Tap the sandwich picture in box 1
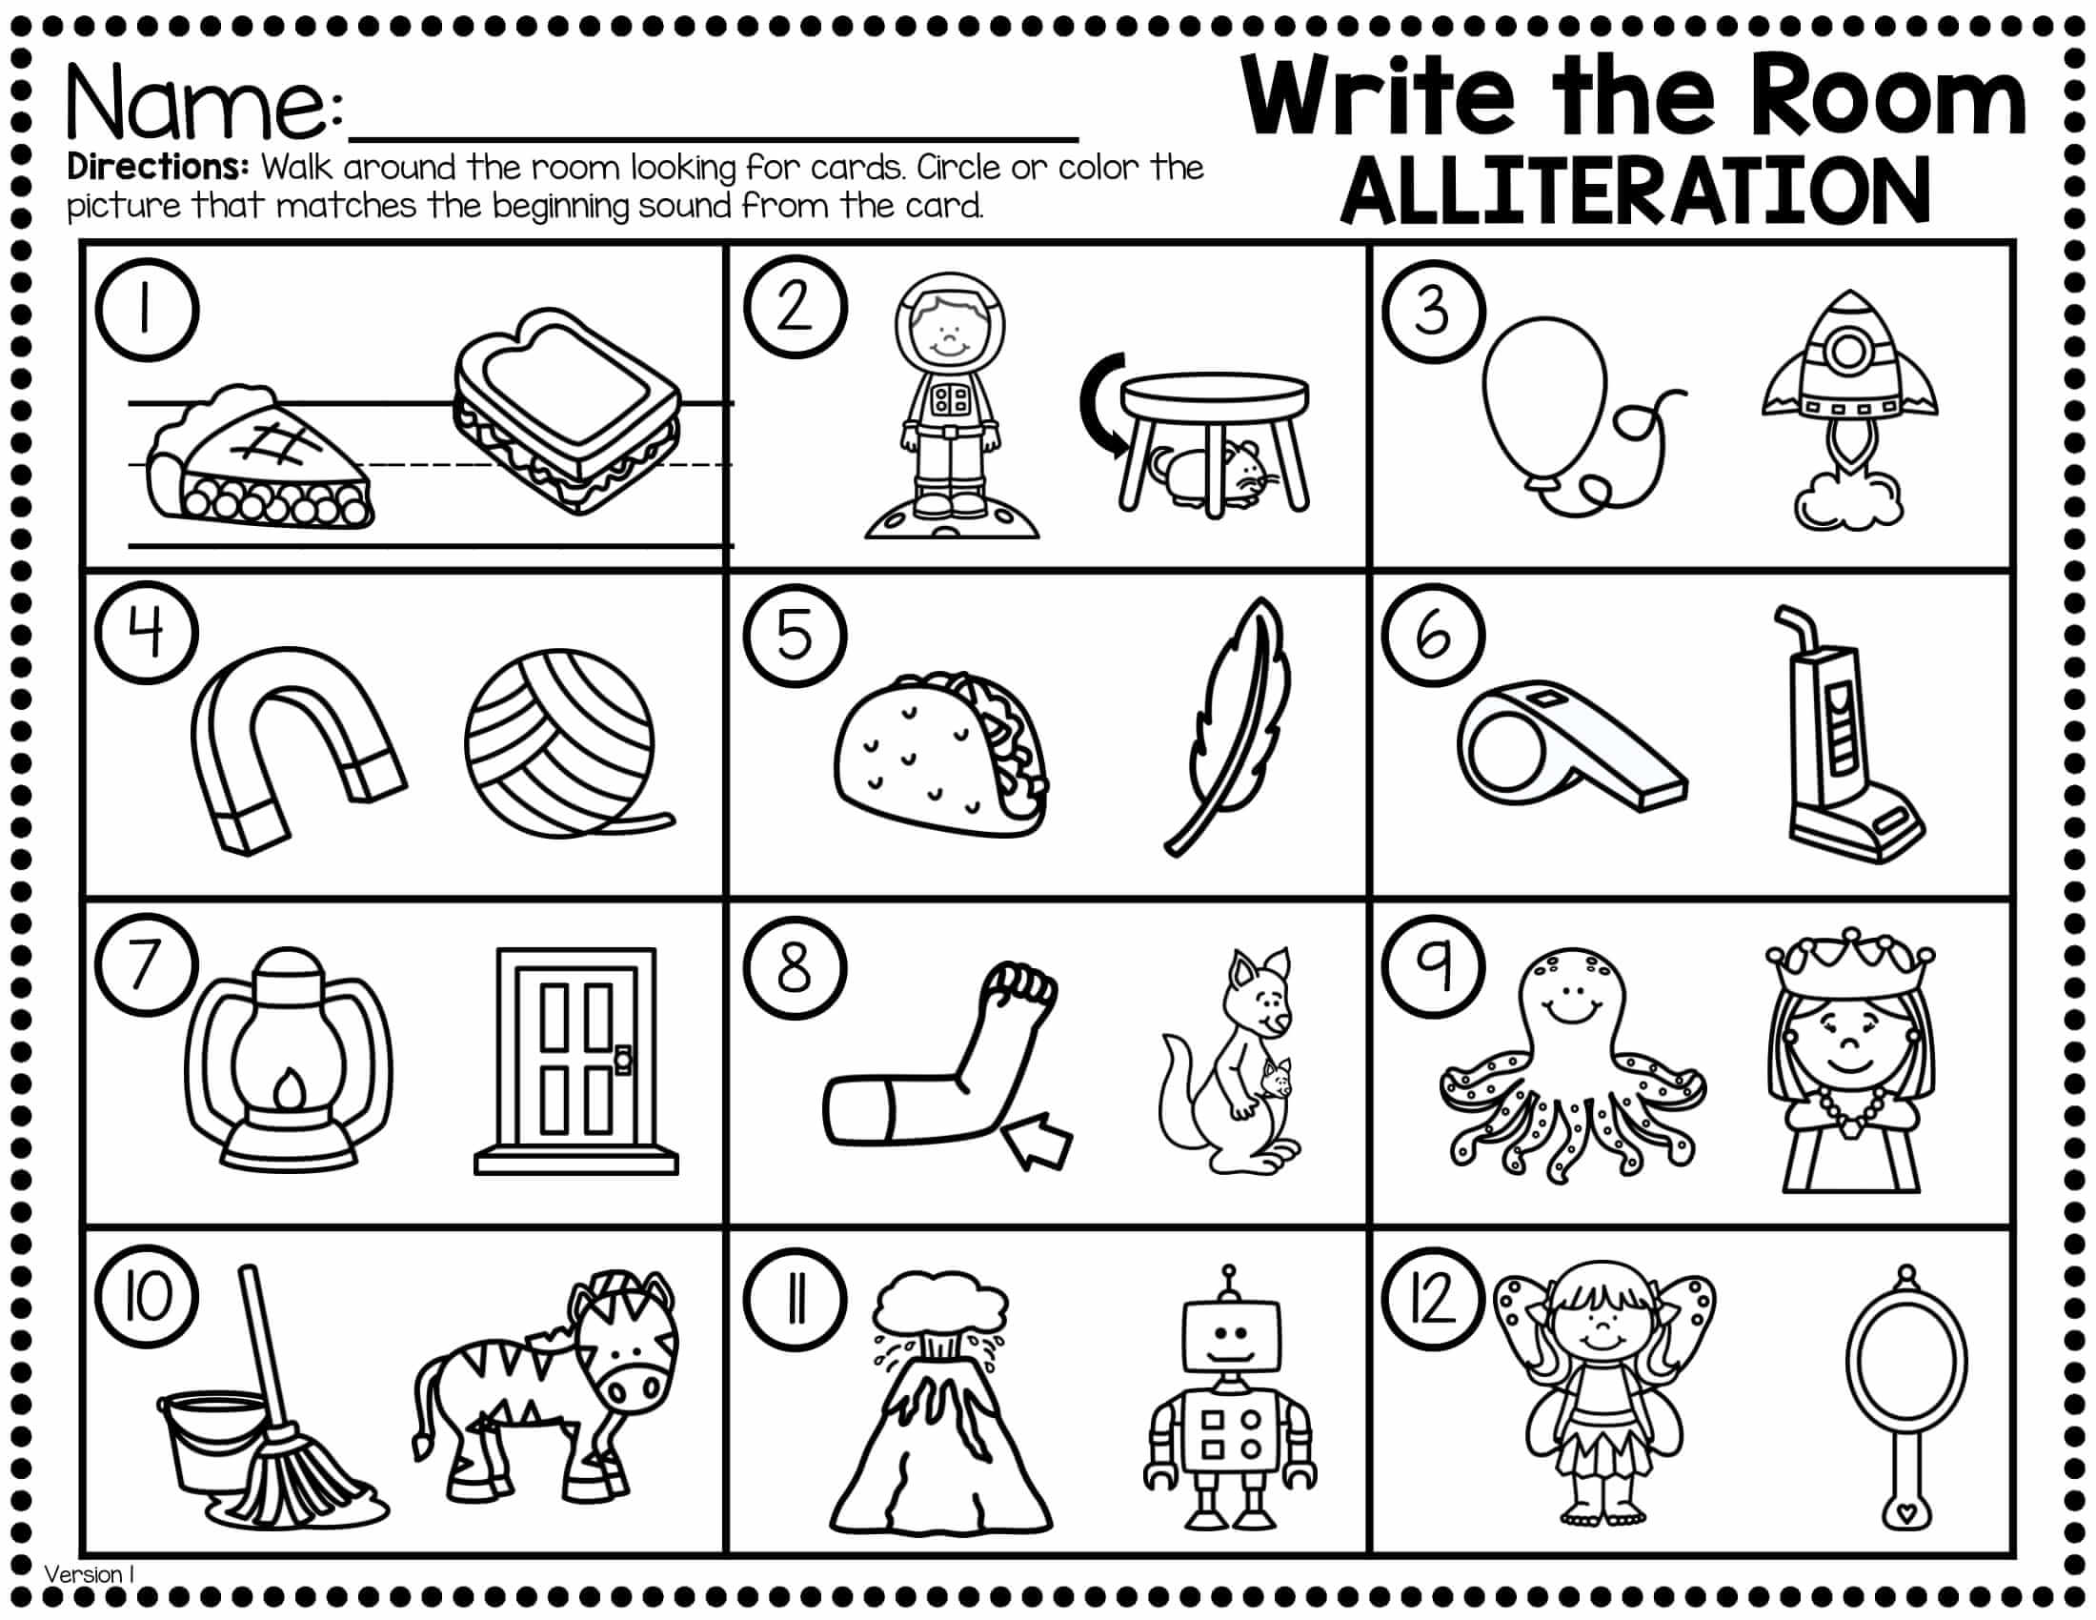568,411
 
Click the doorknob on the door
623,1060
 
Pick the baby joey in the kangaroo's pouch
1278,1081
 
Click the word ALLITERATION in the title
1635,192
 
